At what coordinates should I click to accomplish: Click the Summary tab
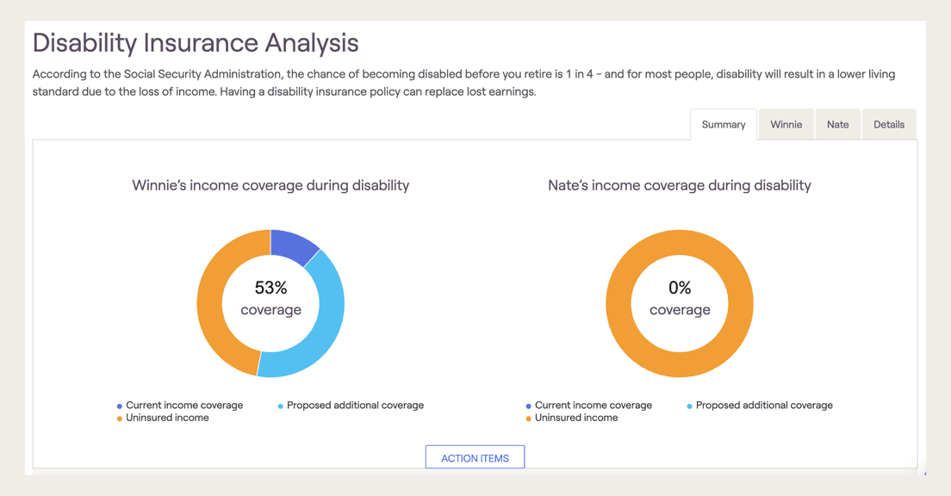point(723,125)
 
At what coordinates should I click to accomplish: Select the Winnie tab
point(786,125)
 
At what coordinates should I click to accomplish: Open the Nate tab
point(837,125)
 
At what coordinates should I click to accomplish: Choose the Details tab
point(888,125)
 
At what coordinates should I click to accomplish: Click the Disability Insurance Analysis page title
point(196,43)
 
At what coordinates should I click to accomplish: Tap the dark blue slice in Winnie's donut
point(293,245)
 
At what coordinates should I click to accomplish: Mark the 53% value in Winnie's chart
point(270,288)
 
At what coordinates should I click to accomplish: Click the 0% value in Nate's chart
point(680,288)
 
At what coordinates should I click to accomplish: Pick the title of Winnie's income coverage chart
point(270,185)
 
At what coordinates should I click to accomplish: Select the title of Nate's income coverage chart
point(679,185)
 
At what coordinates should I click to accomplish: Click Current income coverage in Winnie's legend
point(183,405)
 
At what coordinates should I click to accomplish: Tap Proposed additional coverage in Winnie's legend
point(355,405)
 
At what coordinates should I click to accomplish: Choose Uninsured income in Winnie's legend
point(167,418)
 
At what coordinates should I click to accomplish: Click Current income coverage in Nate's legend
point(593,405)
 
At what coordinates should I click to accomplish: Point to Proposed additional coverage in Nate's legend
point(763,405)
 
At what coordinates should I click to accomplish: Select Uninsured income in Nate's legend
point(575,418)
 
